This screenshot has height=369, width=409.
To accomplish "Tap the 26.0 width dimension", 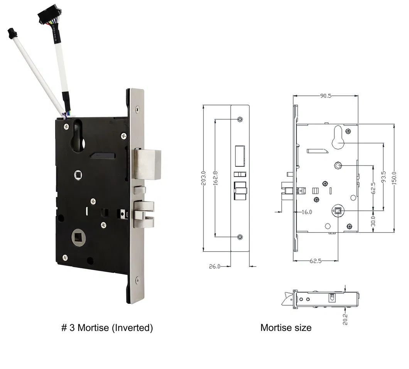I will pyautogui.click(x=215, y=266).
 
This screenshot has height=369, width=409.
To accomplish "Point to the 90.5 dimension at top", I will pyautogui.click(x=326, y=96).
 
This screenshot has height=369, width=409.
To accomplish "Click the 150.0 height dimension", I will pyautogui.click(x=394, y=178).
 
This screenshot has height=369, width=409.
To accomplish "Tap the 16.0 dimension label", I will pyautogui.click(x=307, y=212).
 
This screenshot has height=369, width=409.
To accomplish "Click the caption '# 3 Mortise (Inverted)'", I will pyautogui.click(x=107, y=328).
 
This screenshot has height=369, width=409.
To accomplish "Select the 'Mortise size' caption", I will pyautogui.click(x=286, y=328).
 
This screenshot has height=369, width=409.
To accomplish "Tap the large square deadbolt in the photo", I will pyautogui.click(x=148, y=164).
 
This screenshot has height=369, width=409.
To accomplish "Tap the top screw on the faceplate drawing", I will pyautogui.click(x=240, y=119).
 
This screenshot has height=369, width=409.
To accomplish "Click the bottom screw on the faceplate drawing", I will pyautogui.click(x=240, y=237).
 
